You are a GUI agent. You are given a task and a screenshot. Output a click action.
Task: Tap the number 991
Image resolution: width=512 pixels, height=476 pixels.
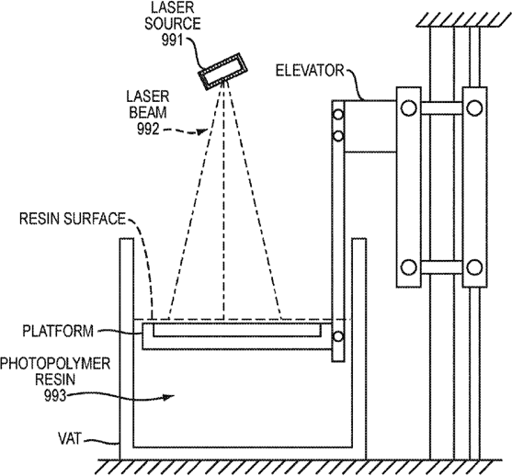(x=172, y=40)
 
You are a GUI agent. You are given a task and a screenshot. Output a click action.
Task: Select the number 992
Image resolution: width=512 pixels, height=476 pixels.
(x=148, y=129)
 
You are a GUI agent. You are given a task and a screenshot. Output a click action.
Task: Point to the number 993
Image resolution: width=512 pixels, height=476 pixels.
(x=55, y=396)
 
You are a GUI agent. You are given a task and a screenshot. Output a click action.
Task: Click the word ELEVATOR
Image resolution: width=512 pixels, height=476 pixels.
(x=310, y=71)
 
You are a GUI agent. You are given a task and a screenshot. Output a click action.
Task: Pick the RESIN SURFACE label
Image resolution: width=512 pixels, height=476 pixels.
(x=73, y=219)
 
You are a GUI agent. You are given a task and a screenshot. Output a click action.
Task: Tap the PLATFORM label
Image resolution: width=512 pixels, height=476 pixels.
(x=58, y=331)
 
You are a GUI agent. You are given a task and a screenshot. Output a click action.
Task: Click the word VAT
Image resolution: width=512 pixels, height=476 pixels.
(x=69, y=438)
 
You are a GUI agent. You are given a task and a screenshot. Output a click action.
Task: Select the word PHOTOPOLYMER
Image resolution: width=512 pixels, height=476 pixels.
(x=55, y=363)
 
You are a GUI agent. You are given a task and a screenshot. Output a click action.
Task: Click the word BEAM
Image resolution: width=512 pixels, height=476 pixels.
(x=148, y=113)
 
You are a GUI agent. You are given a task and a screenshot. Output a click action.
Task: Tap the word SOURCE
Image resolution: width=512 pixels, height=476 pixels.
(x=173, y=24)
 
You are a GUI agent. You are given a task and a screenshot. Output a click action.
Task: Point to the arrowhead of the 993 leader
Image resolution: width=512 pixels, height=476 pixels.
(x=169, y=397)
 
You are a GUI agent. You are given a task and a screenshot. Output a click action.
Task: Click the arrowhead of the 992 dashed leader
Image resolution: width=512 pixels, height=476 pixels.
(x=202, y=131)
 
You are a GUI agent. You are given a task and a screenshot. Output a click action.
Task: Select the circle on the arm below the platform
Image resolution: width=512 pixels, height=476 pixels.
(x=337, y=336)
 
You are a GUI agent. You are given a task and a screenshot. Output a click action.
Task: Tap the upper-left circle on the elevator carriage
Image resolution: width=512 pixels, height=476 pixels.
(x=408, y=108)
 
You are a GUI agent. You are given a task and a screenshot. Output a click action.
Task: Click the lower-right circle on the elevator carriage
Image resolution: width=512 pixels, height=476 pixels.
(x=474, y=267)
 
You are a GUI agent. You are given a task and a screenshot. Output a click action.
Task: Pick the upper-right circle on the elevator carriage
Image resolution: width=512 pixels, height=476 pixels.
(x=474, y=108)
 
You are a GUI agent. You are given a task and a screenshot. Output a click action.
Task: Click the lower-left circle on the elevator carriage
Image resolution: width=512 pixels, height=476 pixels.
(x=408, y=267)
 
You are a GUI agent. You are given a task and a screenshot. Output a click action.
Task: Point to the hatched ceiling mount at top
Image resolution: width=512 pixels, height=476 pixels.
(x=462, y=20)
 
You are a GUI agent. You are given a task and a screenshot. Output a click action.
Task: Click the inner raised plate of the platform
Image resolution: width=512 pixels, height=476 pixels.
(x=237, y=330)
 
